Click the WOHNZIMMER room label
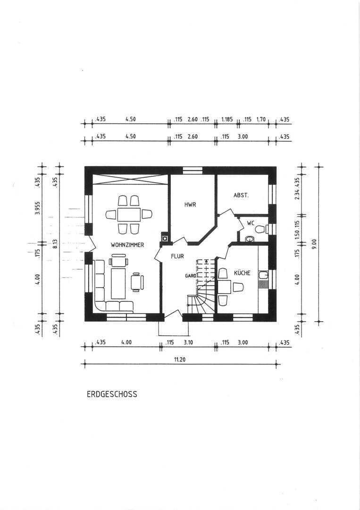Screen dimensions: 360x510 coord(127,245)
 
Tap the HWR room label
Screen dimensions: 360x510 coord(190,205)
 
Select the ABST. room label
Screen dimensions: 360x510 coord(241,195)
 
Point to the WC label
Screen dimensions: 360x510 coord(251,223)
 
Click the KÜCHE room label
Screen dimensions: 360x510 coord(242,273)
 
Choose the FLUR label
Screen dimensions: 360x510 coord(177,256)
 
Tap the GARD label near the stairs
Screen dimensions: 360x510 coord(191,276)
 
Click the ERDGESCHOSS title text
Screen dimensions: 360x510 coord(112,394)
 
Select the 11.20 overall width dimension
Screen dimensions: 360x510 coord(180,360)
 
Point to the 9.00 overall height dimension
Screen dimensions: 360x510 coord(313,244)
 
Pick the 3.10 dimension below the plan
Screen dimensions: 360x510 coord(188,342)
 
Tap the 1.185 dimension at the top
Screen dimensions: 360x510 coord(227,119)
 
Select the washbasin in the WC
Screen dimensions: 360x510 coord(250,239)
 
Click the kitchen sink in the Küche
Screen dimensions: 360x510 coord(263,275)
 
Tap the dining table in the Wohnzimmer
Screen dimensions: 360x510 coord(129,215)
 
